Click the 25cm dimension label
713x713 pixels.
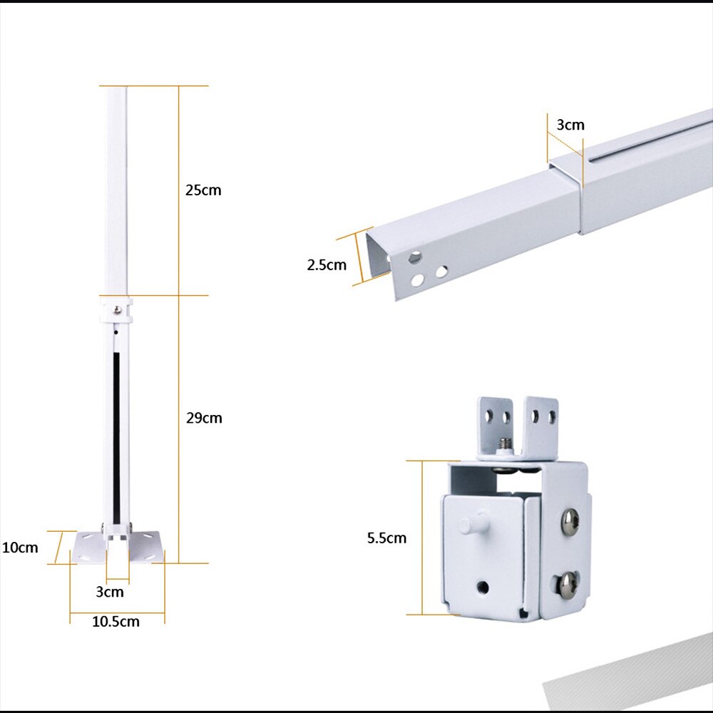pyautogui.click(x=204, y=190)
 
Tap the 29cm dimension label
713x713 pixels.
pyautogui.click(x=204, y=418)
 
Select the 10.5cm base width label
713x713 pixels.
pyautogui.click(x=116, y=622)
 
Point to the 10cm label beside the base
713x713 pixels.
pyautogui.click(x=19, y=548)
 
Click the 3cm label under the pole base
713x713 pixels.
pyautogui.click(x=110, y=592)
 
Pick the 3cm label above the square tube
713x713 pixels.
pyautogui.click(x=570, y=125)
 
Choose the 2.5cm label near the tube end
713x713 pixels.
pyautogui.click(x=327, y=265)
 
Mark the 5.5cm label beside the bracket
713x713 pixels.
pyautogui.click(x=386, y=538)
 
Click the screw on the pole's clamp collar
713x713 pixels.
pyautogui.click(x=116, y=309)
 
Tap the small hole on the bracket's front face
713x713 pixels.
pyautogui.click(x=483, y=587)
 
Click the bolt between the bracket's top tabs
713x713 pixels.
pyautogui.click(x=506, y=445)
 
